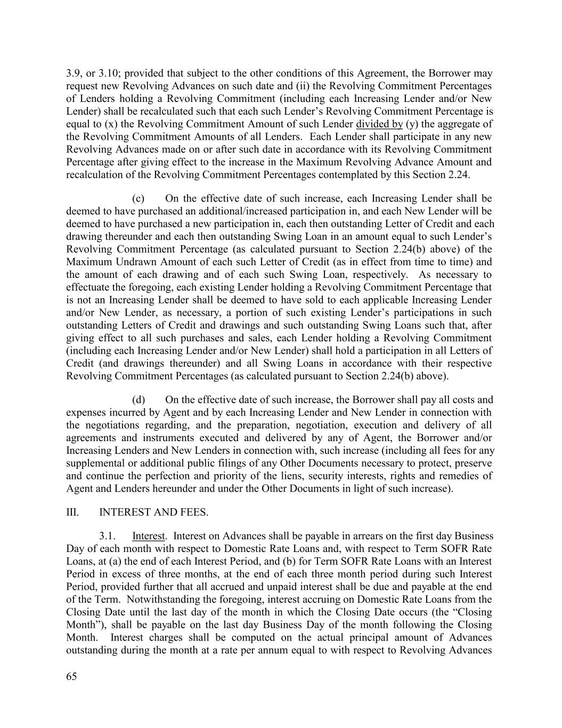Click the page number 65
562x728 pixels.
[x=71, y=677]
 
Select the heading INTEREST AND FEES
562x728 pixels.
[x=153, y=513]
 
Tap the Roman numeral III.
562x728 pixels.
[x=72, y=513]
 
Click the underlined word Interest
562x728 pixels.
[x=149, y=536]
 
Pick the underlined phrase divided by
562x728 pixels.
[x=379, y=124]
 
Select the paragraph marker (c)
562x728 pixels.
[x=138, y=198]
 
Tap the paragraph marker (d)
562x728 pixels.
[x=138, y=400]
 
